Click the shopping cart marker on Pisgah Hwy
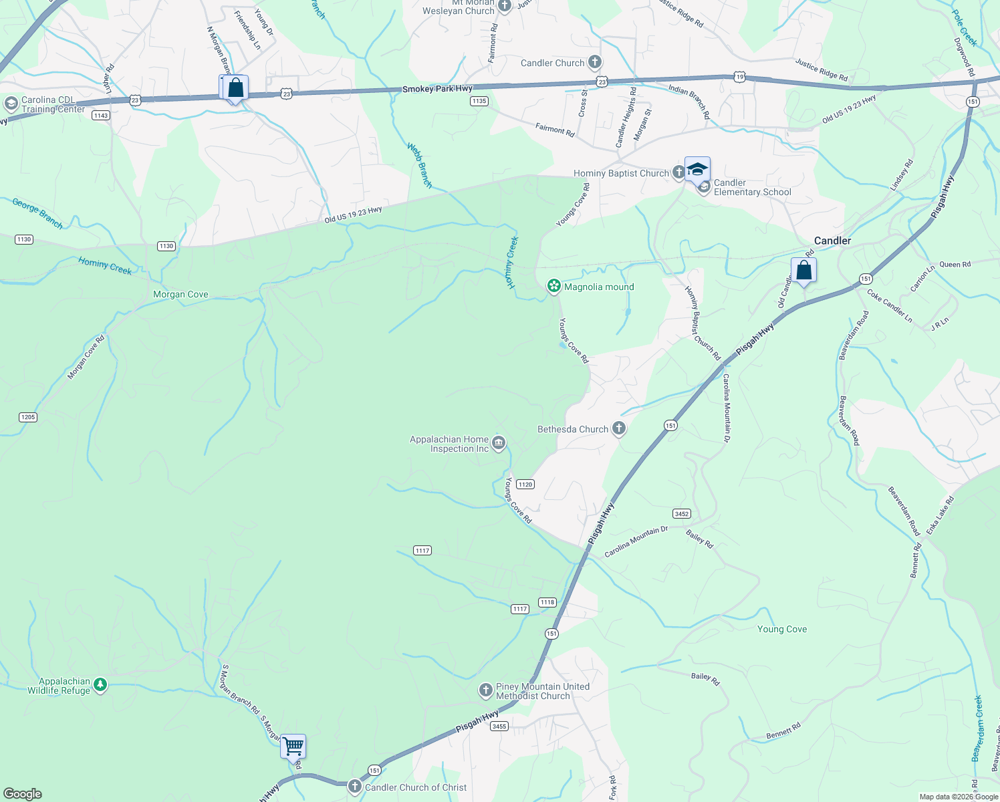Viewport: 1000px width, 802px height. [293, 747]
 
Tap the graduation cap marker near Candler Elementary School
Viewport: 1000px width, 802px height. [697, 169]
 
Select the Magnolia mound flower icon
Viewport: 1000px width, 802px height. [553, 287]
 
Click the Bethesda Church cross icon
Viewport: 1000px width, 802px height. [619, 428]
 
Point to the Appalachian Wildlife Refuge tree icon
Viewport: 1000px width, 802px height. [100, 685]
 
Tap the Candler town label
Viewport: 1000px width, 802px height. [832, 241]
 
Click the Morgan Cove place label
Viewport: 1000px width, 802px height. [180, 294]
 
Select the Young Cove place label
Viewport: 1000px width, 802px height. [782, 629]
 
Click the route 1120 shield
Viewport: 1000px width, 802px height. [525, 485]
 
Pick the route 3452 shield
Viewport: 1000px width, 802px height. [682, 514]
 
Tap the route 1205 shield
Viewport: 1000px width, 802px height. [28, 417]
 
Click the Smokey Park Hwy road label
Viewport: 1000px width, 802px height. [437, 89]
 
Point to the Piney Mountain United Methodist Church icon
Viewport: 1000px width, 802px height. [486, 690]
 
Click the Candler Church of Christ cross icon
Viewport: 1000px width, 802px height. [355, 787]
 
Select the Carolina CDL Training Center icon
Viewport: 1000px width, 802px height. [11, 104]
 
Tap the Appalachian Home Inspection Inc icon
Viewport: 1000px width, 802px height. [499, 443]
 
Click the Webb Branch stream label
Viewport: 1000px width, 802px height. [420, 165]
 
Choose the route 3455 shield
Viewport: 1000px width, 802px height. [499, 726]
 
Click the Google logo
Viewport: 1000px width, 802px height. [22, 794]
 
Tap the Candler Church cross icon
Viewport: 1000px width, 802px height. [594, 63]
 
